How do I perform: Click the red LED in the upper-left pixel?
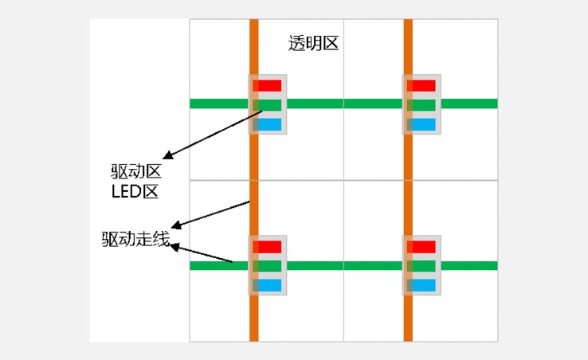coord(268,85)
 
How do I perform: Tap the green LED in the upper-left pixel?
coord(268,104)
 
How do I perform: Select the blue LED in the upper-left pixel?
coord(268,124)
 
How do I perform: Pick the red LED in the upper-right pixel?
coord(421,85)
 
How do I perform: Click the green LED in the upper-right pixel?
coord(421,104)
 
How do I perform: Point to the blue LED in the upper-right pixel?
coord(421,124)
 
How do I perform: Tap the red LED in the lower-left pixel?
coord(268,247)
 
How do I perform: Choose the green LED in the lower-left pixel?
coord(268,266)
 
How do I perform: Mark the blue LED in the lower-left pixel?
coord(268,285)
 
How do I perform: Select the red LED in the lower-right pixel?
coord(421,247)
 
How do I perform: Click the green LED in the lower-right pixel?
coord(421,266)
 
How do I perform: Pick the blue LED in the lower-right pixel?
coord(421,285)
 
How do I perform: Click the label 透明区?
coord(313,43)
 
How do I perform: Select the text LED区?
coord(135,191)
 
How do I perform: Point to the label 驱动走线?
coord(136,239)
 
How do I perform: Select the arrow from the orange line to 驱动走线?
coord(211,215)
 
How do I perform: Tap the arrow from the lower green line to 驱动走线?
coord(202,254)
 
